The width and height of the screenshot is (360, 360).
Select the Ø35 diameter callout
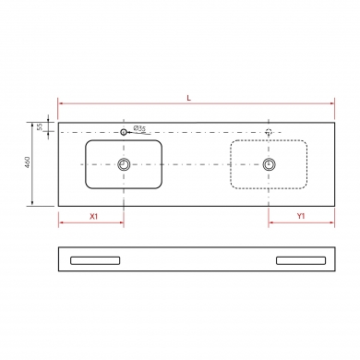pyautogui.click(x=140, y=127)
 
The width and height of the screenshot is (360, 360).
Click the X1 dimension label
pyautogui.click(x=92, y=216)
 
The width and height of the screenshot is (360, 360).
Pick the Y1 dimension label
pyautogui.click(x=301, y=216)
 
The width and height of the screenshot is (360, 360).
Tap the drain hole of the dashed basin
pyautogui.click(x=270, y=163)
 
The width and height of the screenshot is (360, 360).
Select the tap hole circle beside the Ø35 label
pyautogui.click(x=125, y=132)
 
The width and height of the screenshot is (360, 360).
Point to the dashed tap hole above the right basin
pyautogui.click(x=270, y=132)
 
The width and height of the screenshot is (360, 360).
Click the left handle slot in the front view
pyautogui.click(x=96, y=260)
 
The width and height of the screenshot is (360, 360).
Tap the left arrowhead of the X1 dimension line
pyautogui.click(x=61, y=223)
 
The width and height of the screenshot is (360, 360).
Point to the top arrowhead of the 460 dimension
pyautogui.click(x=34, y=120)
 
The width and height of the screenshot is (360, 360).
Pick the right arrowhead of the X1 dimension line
pyautogui.click(x=122, y=223)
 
